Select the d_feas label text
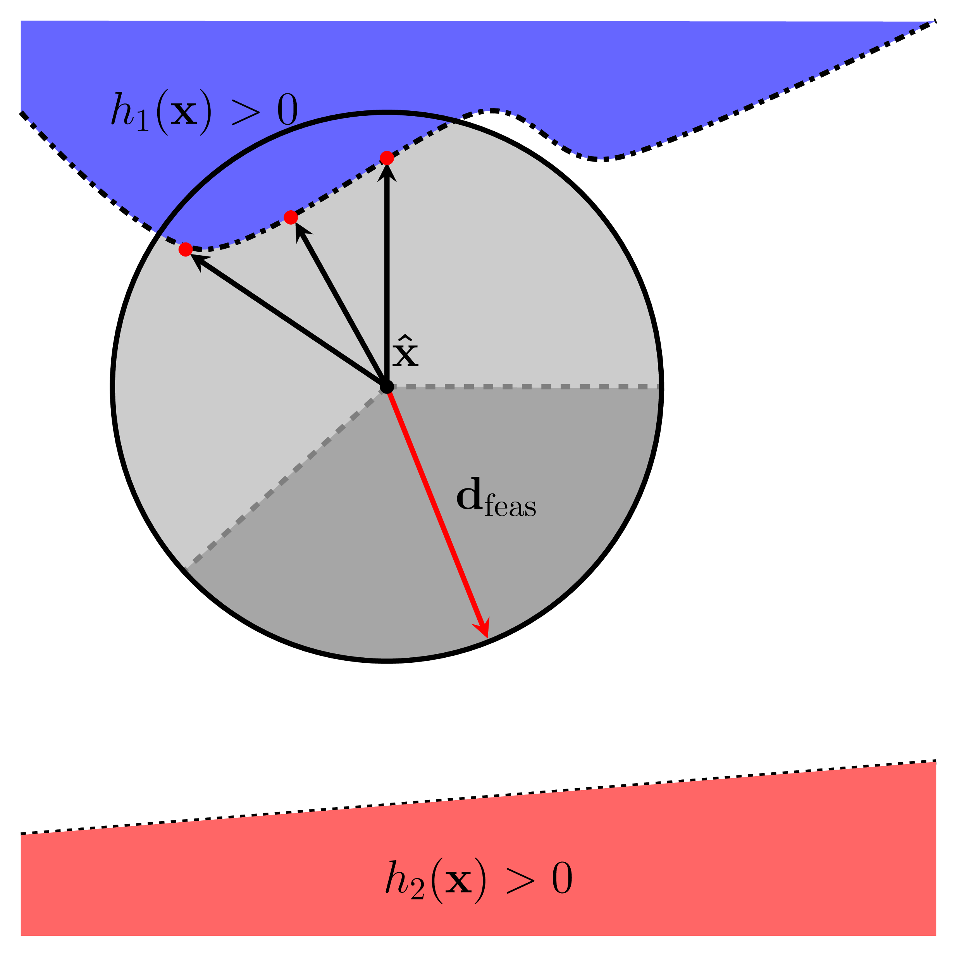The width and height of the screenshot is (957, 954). (x=495, y=498)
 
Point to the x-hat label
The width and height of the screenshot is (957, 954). (x=405, y=351)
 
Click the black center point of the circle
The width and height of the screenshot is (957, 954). (x=387, y=387)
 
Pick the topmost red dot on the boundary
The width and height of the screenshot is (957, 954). (x=387, y=158)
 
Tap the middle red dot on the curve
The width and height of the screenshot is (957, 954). (x=291, y=217)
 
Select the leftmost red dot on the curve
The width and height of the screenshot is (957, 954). (x=185, y=249)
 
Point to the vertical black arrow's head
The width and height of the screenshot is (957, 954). (x=387, y=171)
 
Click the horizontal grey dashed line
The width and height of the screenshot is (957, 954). (x=525, y=386)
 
